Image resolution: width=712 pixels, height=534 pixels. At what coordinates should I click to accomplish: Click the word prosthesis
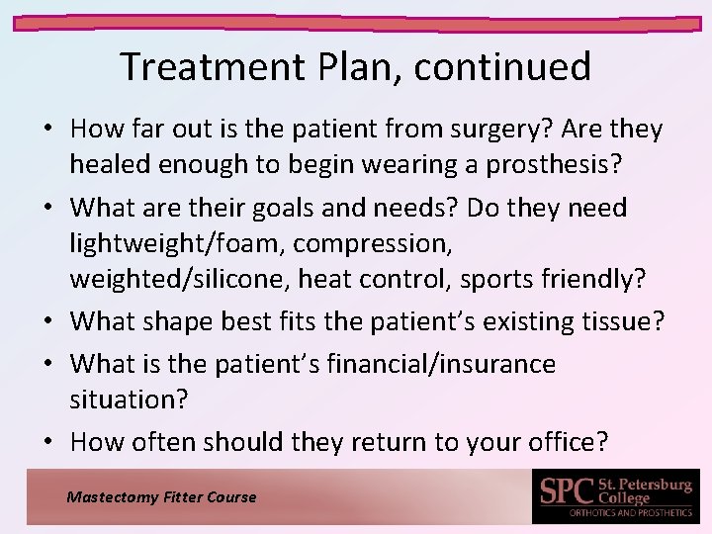click(533, 165)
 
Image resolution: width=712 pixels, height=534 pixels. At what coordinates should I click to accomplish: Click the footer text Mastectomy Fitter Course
click(161, 497)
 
